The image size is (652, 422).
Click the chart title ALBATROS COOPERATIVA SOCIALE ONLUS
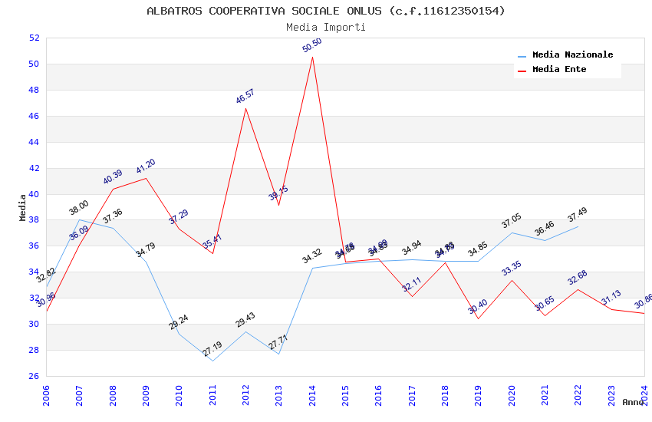click(x=326, y=11)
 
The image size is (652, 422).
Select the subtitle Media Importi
click(x=326, y=28)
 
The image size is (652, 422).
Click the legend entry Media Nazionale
click(x=572, y=55)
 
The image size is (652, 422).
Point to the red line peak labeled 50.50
click(x=312, y=58)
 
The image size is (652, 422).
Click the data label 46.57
click(x=245, y=97)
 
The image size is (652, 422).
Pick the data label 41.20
click(x=146, y=166)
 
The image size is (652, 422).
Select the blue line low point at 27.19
click(x=212, y=361)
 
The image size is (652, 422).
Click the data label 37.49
click(x=578, y=215)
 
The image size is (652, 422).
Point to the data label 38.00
click(x=79, y=208)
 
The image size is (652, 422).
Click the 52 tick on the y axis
click(x=34, y=38)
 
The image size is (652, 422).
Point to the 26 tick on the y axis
click(x=34, y=376)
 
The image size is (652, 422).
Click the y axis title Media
click(x=23, y=207)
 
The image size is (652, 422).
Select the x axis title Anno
click(x=633, y=402)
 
